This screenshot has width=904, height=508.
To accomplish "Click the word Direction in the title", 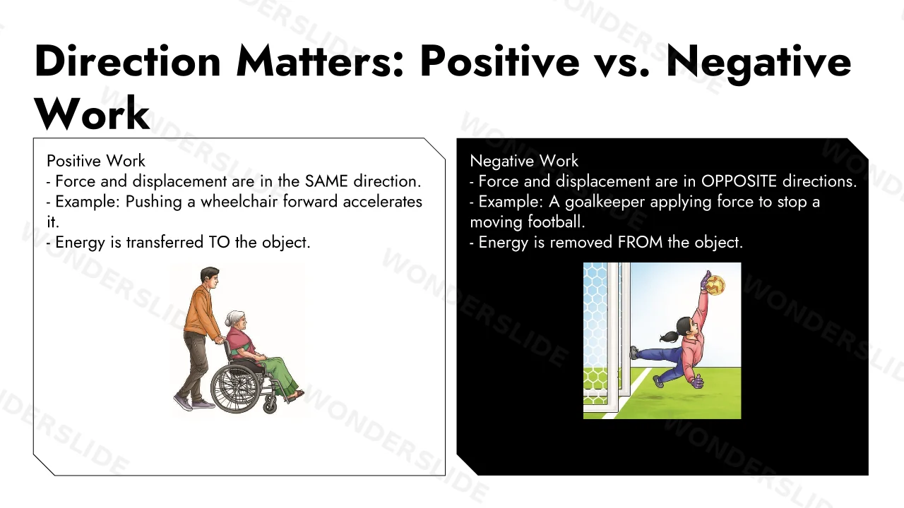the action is coord(128,61).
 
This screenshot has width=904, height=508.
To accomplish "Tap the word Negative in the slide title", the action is coord(759,64).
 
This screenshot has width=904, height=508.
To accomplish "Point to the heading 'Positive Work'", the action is coord(95,161).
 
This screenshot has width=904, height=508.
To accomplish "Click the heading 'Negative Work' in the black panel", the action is coord(524,162).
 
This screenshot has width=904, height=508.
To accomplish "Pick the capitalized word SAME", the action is coord(326,181).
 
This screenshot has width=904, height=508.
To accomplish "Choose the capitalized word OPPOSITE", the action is coord(739,181).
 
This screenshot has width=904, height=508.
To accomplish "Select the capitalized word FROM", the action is coord(640,242).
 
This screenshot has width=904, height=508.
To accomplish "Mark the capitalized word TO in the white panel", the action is coord(219,242).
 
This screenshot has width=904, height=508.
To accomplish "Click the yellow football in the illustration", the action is coord(715,285).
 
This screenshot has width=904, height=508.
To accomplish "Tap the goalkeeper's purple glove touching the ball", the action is coord(706,280).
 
